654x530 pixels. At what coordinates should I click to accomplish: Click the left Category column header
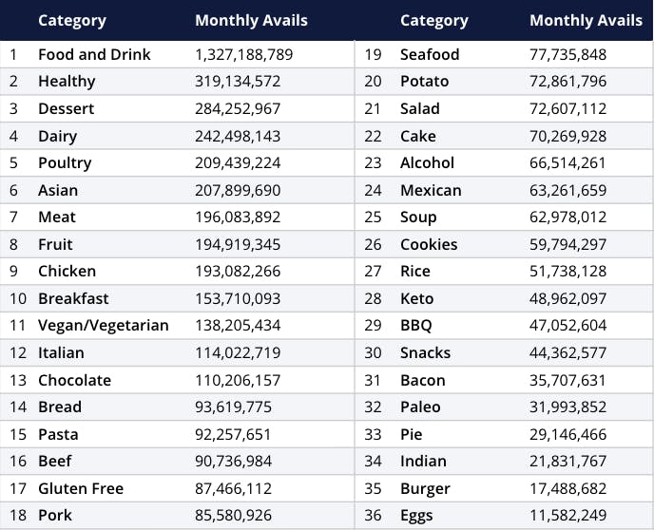click(72, 20)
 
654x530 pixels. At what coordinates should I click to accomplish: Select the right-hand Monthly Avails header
click(586, 20)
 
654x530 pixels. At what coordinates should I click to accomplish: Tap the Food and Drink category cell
click(94, 54)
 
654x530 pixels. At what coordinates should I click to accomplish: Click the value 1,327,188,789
click(244, 54)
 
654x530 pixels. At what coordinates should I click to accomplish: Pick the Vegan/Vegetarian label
click(103, 326)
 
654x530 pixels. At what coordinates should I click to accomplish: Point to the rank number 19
click(374, 54)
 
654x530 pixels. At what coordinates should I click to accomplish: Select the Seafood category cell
click(430, 54)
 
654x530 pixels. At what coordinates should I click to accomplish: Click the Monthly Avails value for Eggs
click(567, 516)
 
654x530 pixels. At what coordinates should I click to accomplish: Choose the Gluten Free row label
click(81, 488)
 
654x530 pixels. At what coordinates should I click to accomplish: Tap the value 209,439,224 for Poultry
click(238, 162)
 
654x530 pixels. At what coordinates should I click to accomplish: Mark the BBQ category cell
click(416, 326)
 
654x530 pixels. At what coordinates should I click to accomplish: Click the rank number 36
click(374, 516)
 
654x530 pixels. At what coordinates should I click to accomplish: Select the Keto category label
click(416, 298)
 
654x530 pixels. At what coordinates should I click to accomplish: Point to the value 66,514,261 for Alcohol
click(567, 162)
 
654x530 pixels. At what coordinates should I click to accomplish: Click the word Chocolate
click(74, 380)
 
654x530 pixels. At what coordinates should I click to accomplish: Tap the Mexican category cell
click(431, 190)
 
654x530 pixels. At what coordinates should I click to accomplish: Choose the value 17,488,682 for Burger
click(567, 488)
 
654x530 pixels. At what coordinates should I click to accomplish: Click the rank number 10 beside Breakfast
click(18, 298)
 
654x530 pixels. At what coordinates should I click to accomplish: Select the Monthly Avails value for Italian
click(238, 352)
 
